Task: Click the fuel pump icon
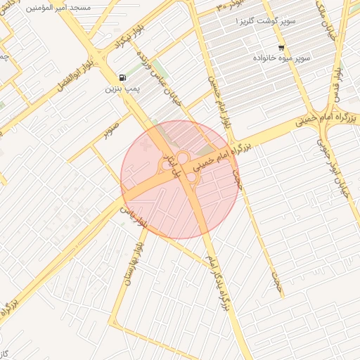tap(123, 77)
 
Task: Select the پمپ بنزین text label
tap(119, 89)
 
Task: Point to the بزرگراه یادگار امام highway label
tap(217, 281)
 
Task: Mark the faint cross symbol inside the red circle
tap(146, 145)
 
